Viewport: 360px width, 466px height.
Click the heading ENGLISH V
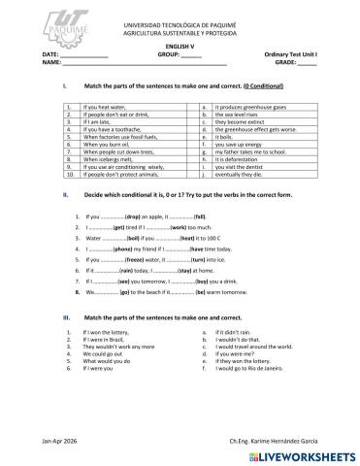[x=180, y=47]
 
